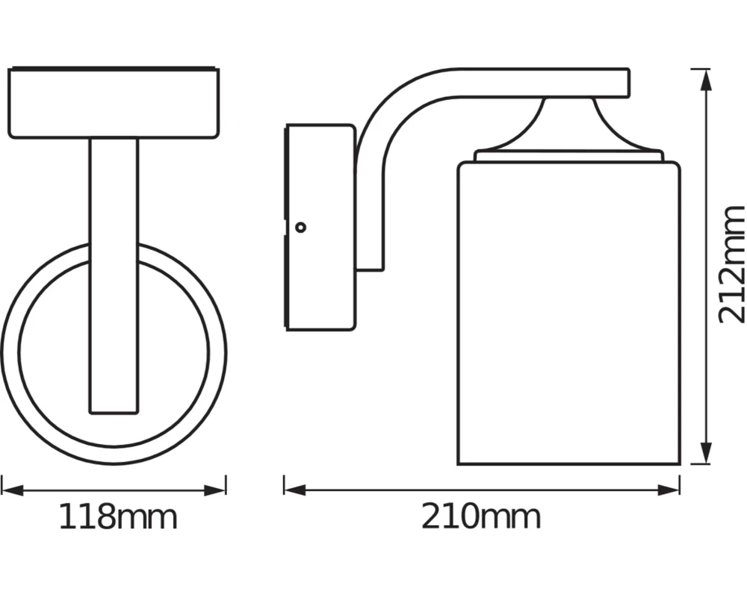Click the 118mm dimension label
tap(118, 516)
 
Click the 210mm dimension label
tap(481, 516)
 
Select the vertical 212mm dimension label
tap(731, 264)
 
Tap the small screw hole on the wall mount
tap(300, 227)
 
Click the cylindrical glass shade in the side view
tap(568, 313)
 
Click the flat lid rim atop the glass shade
tap(568, 156)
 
